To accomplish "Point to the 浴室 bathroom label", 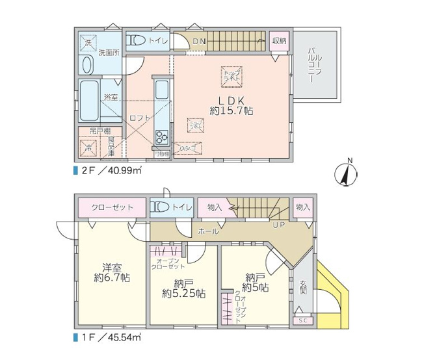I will click(x=111, y=97).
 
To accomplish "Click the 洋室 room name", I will click(x=111, y=267).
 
